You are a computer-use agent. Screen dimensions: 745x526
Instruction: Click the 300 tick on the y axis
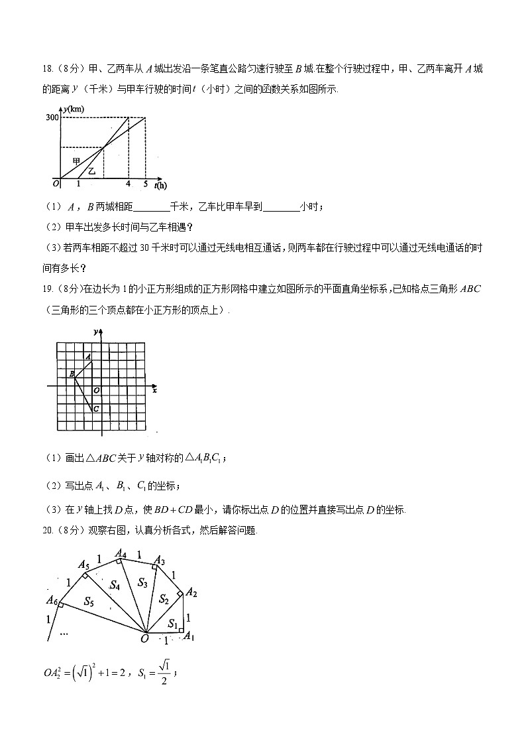(51, 117)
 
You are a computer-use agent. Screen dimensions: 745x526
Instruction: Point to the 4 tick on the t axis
(128, 184)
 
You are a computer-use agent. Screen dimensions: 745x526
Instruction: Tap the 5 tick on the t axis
(145, 184)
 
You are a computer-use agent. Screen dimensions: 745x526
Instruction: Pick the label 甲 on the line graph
(76, 161)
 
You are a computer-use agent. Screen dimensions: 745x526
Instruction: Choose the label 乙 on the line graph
(92, 171)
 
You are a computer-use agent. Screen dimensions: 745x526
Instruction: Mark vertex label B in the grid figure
(72, 374)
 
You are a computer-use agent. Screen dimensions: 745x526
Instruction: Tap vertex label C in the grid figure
(96, 409)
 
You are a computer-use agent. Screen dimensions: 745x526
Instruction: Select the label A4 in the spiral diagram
(121, 553)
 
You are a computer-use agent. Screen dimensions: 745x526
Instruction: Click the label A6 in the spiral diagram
(51, 600)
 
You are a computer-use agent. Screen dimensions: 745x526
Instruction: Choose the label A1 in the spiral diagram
(188, 637)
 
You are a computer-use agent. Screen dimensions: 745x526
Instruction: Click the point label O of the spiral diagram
(144, 639)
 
